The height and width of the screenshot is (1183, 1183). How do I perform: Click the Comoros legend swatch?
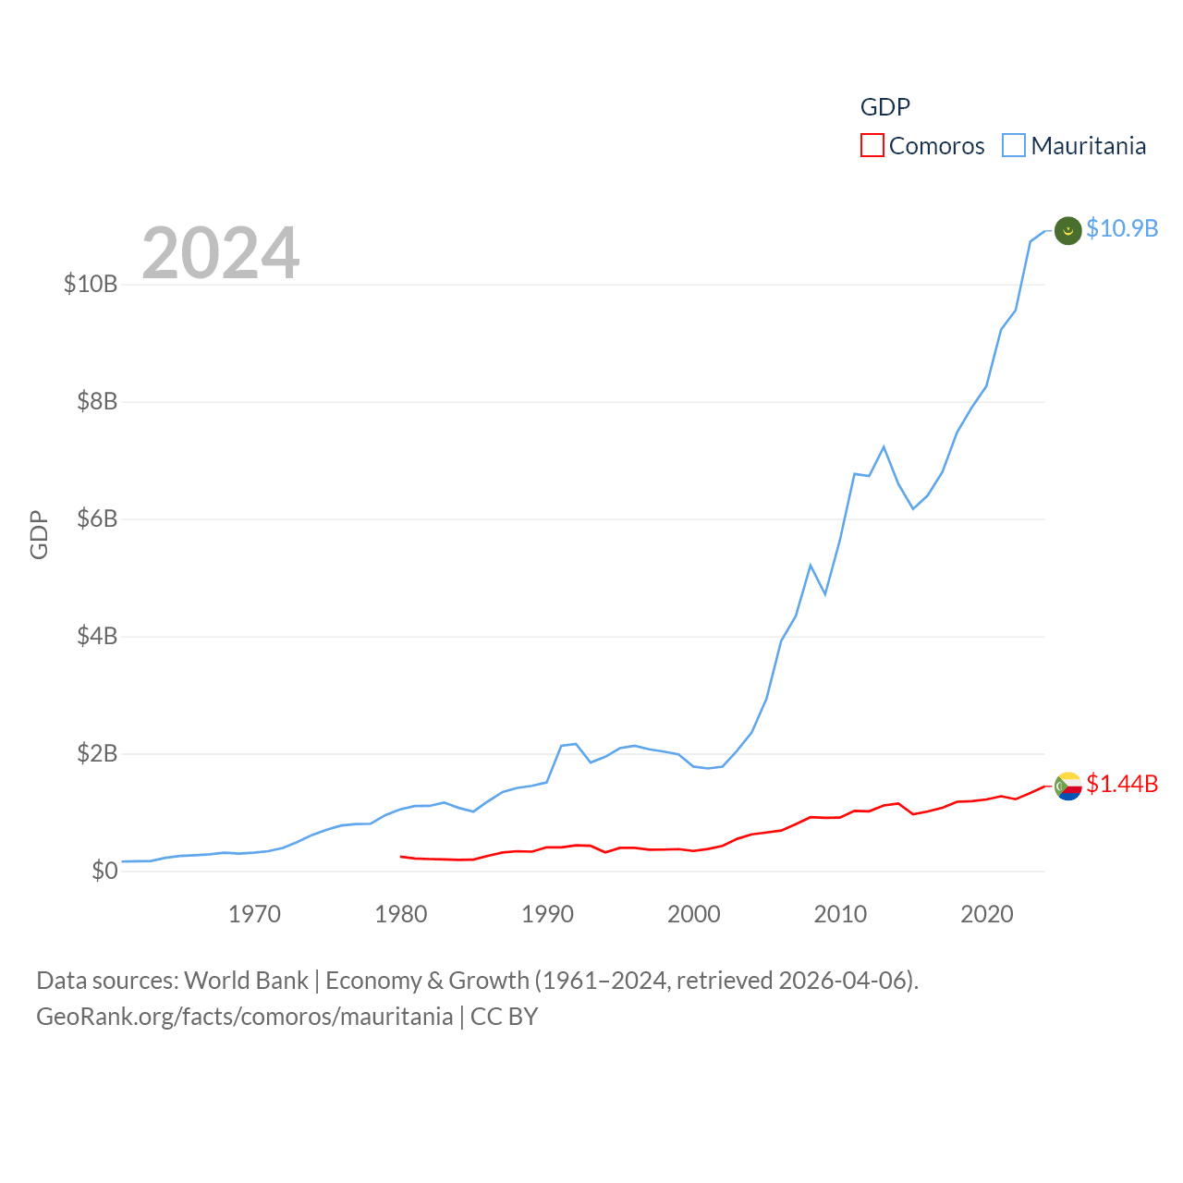(872, 146)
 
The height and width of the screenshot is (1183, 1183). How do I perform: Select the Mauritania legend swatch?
(1014, 146)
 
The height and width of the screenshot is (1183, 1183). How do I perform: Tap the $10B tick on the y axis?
(91, 284)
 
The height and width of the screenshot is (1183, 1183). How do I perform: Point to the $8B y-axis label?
(97, 401)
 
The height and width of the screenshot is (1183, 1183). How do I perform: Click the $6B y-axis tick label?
(97, 518)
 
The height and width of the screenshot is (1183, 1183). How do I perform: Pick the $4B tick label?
(97, 636)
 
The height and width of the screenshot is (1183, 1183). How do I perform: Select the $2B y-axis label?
(97, 753)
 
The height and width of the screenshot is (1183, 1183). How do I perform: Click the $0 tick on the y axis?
(104, 871)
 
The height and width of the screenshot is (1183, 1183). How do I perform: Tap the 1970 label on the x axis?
(254, 914)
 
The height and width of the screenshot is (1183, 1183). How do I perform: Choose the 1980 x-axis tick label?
(401, 914)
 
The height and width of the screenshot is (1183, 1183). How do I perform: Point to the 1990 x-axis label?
(547, 914)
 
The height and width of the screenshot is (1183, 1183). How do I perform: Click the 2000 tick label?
(694, 914)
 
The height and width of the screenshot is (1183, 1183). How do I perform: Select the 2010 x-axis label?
(840, 914)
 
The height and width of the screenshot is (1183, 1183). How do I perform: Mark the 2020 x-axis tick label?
(987, 914)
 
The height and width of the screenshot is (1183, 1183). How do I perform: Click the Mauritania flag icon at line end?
(1068, 230)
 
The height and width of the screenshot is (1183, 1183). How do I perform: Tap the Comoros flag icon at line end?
(1068, 787)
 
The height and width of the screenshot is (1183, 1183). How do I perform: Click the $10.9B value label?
(1122, 228)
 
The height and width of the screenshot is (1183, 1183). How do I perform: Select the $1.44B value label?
(1122, 784)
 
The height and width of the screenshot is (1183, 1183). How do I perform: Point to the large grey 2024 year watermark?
(221, 252)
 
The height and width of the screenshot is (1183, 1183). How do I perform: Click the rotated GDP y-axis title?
(39, 534)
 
